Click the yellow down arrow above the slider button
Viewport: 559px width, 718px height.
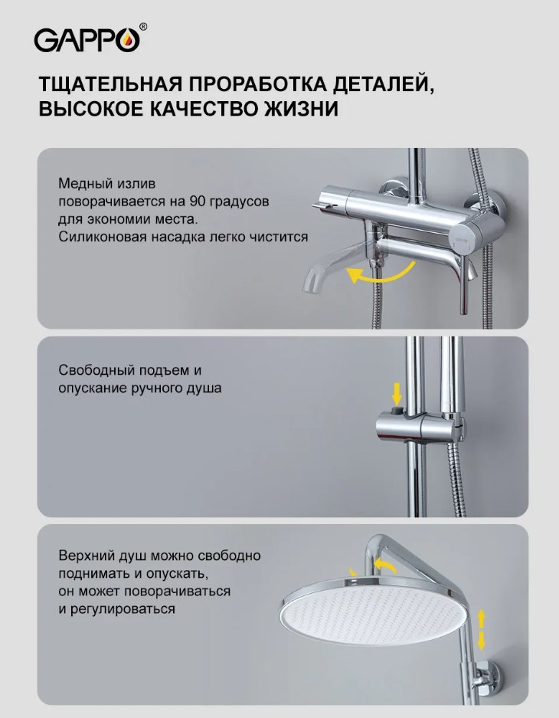(x=397, y=395)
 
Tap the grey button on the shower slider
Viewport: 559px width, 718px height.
(x=397, y=409)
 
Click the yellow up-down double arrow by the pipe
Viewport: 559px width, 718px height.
(x=481, y=629)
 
